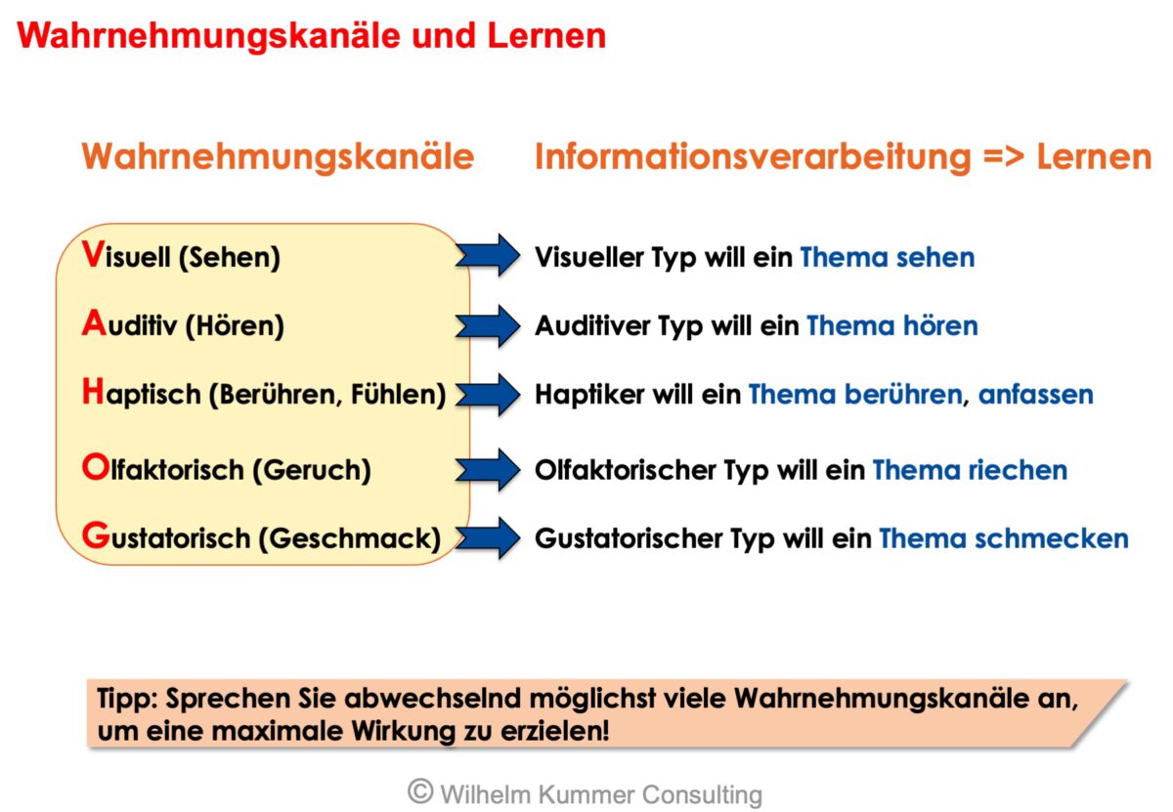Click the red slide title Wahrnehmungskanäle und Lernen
click(311, 36)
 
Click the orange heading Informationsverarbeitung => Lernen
click(843, 157)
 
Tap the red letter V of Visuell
click(92, 256)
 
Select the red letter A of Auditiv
click(93, 323)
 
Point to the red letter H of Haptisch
click(93, 394)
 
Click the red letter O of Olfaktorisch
click(94, 469)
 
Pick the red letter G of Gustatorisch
click(94, 536)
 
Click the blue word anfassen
click(1035, 395)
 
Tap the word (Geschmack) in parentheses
click(349, 538)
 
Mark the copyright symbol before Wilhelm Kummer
click(420, 791)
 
